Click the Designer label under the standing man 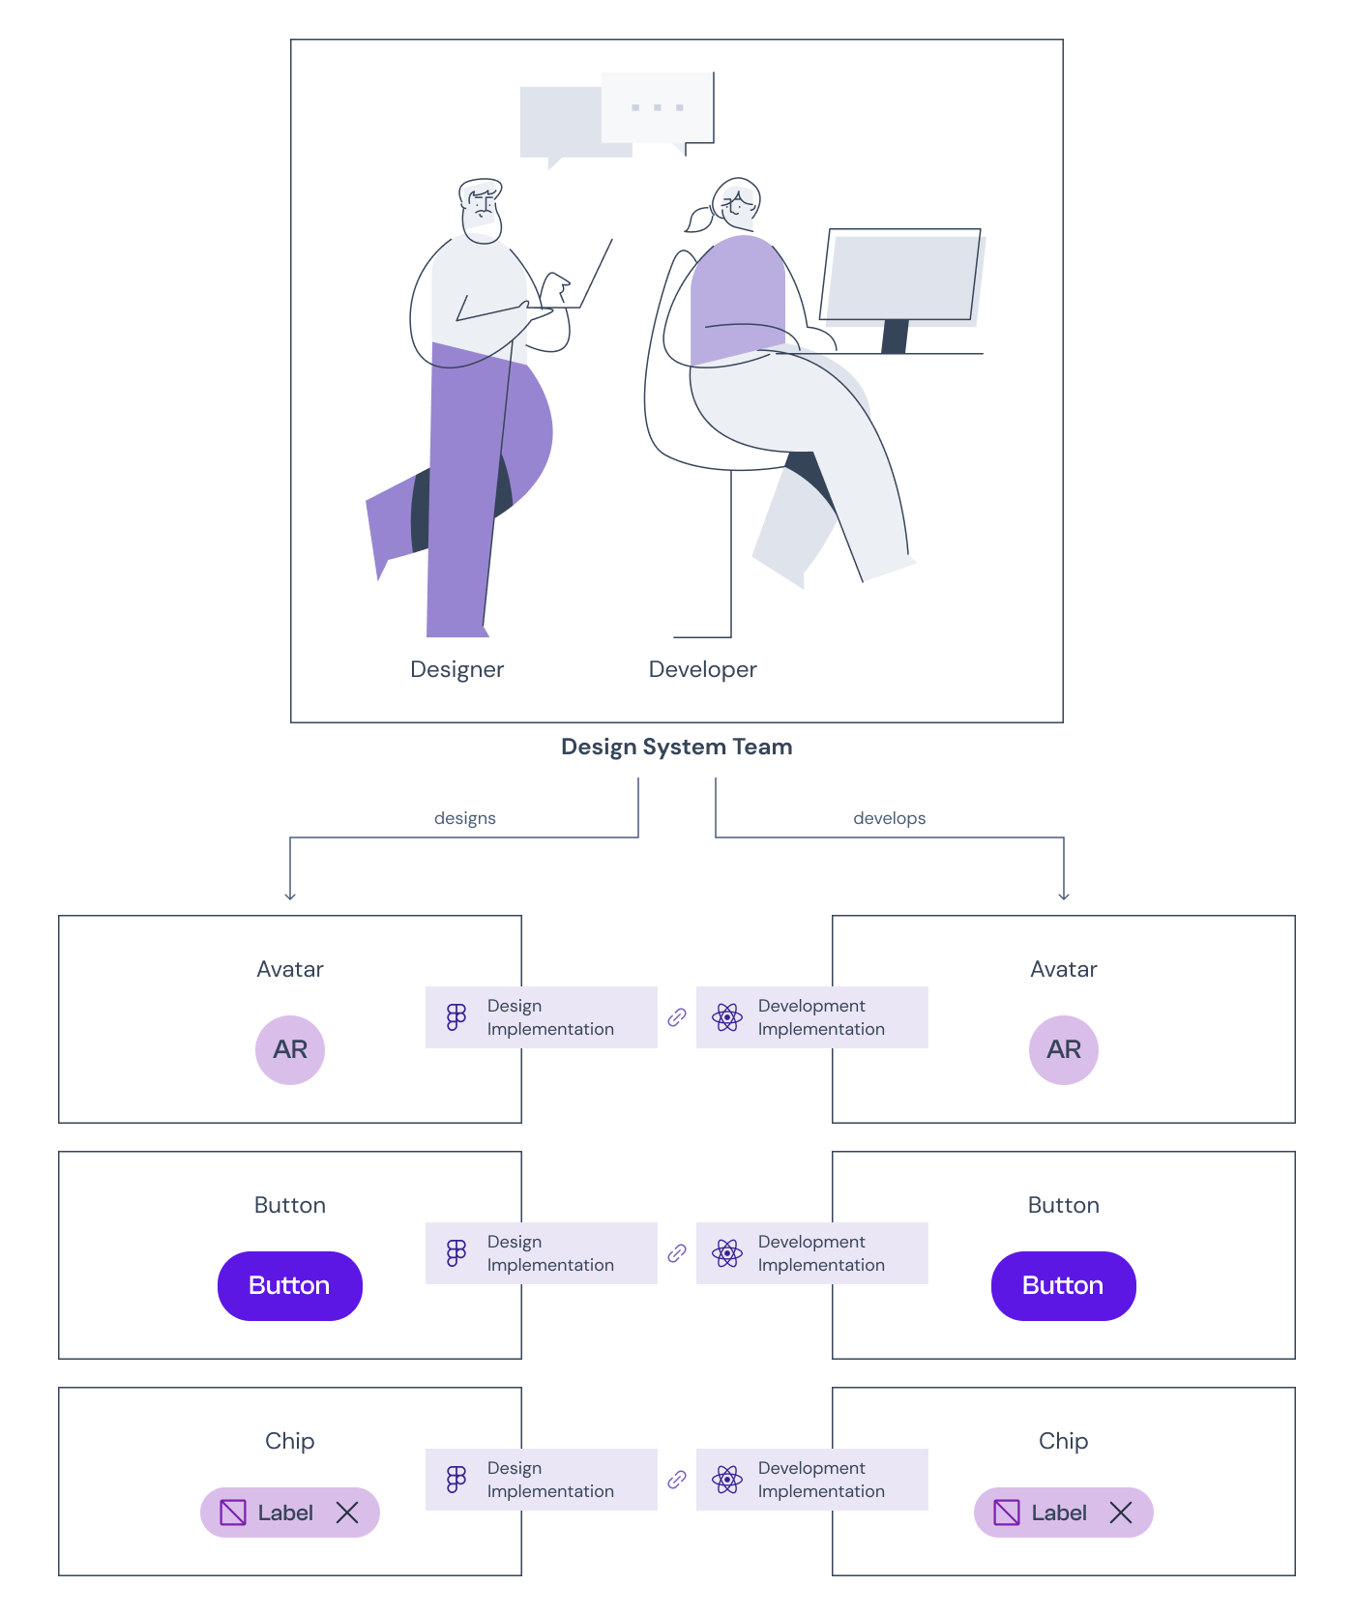[x=456, y=669]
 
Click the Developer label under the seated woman [x=702, y=669]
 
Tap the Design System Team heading [x=676, y=747]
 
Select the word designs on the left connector [x=464, y=818]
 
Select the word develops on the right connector [x=889, y=818]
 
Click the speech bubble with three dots [x=658, y=107]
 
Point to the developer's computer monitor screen [x=901, y=277]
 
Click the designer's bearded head [x=481, y=209]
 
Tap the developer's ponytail [x=698, y=220]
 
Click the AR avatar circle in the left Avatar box [x=290, y=1049]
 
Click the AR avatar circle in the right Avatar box [x=1064, y=1049]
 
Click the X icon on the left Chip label [x=347, y=1512]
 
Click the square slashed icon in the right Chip [x=1007, y=1512]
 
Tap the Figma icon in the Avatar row [x=456, y=1017]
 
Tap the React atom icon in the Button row [x=727, y=1253]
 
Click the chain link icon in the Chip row [x=677, y=1480]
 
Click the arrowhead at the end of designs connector [x=290, y=896]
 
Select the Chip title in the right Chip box [x=1063, y=1441]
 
